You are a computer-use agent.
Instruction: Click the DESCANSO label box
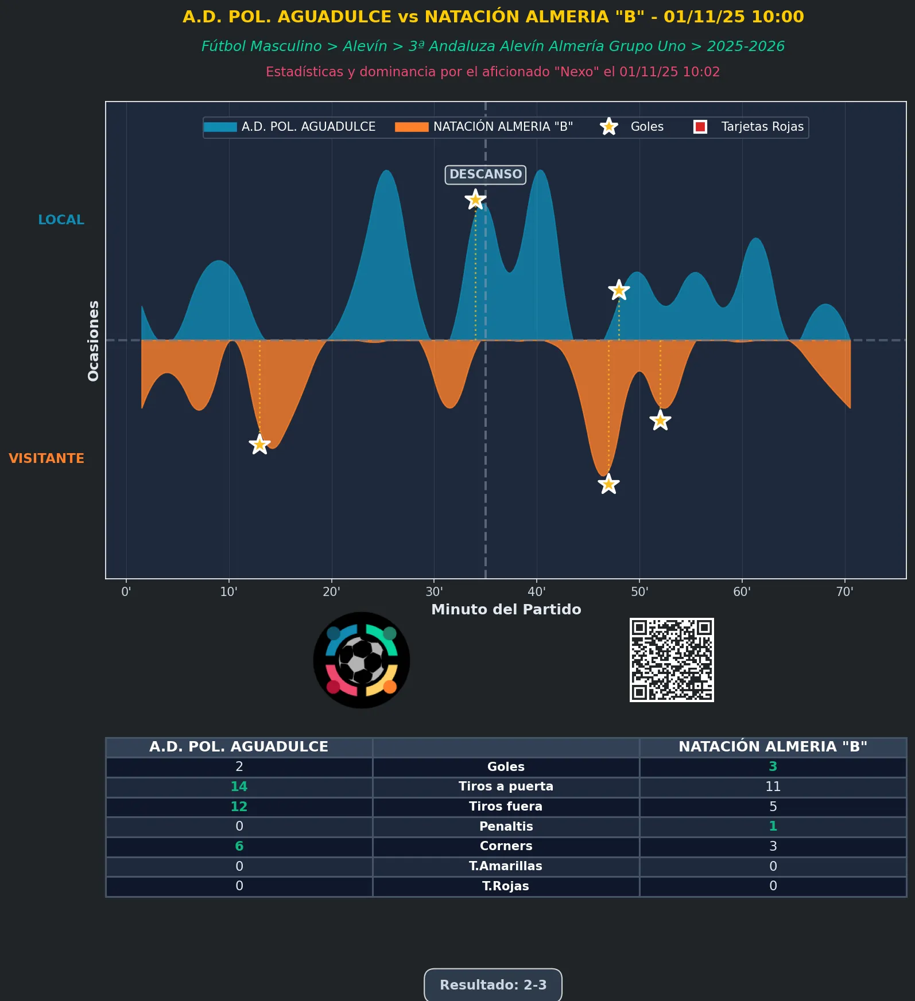(x=485, y=174)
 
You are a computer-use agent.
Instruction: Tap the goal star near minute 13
(x=259, y=444)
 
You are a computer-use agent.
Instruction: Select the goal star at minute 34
(x=475, y=200)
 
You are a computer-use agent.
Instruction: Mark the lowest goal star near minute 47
(x=608, y=484)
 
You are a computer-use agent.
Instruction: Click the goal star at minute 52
(x=660, y=420)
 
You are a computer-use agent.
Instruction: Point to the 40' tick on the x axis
(x=537, y=591)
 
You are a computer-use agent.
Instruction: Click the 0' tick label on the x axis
(x=126, y=591)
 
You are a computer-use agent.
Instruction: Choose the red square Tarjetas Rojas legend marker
(x=700, y=127)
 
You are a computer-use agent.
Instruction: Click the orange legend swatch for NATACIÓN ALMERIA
(x=412, y=127)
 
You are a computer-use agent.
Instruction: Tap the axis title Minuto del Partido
(x=506, y=609)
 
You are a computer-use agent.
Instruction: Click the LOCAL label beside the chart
(x=61, y=220)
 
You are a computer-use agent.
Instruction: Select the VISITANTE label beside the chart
(x=46, y=458)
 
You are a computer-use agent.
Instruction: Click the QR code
(x=672, y=660)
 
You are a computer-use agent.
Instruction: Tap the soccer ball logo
(x=362, y=660)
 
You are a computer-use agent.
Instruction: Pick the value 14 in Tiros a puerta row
(x=239, y=786)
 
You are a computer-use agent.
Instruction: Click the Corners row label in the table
(x=506, y=846)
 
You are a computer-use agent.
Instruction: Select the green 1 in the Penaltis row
(x=773, y=826)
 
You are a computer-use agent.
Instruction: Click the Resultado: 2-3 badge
(x=493, y=985)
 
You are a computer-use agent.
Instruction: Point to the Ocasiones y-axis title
(x=93, y=341)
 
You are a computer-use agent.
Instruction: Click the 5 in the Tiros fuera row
(x=773, y=807)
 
